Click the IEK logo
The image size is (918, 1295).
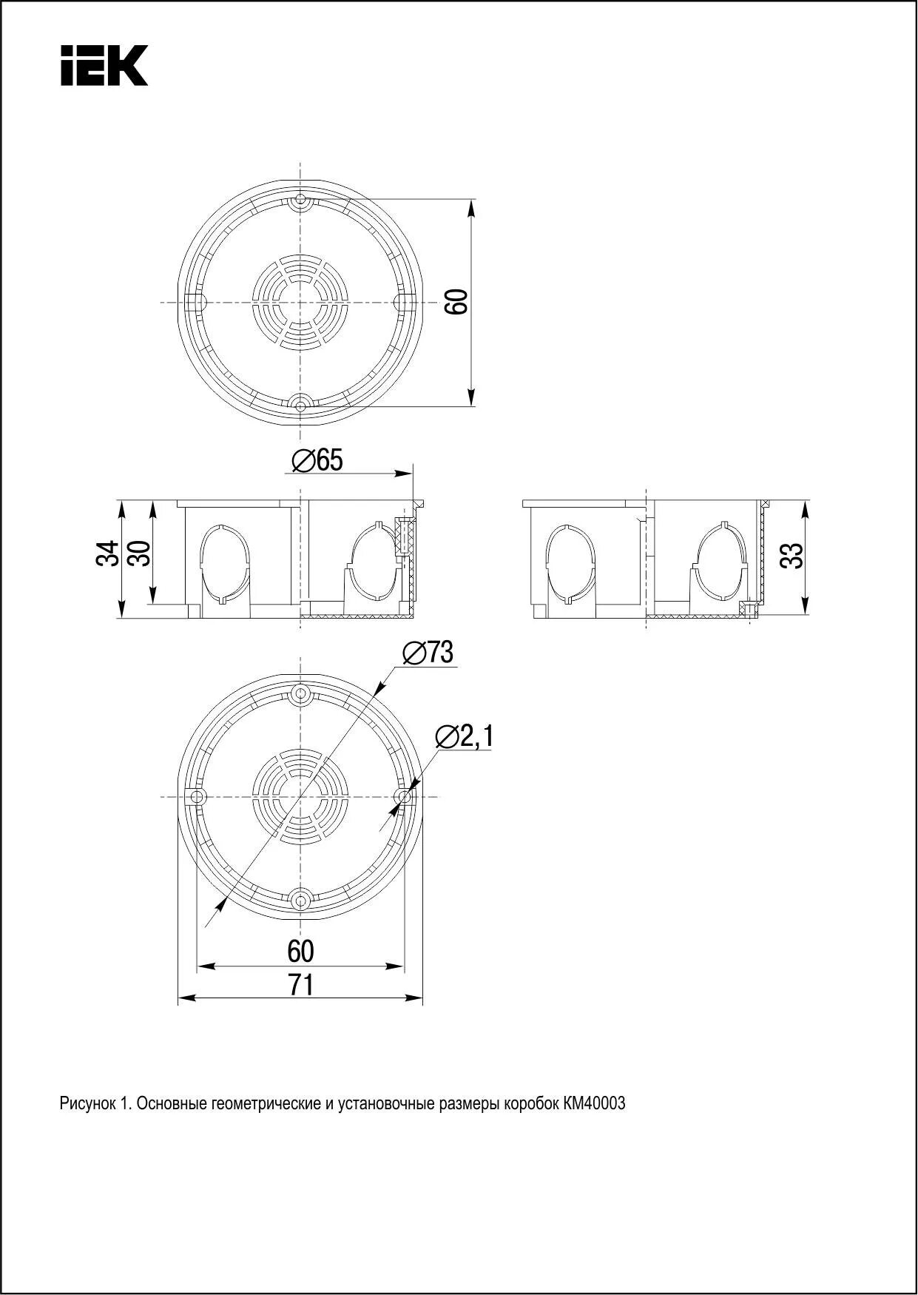(x=104, y=65)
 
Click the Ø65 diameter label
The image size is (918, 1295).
(x=317, y=460)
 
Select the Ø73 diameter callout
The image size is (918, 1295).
(x=428, y=653)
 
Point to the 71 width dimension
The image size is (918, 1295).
(x=301, y=984)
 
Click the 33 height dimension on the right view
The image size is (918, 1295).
(x=792, y=555)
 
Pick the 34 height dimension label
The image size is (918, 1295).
(x=107, y=554)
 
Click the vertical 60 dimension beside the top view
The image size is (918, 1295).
(x=457, y=302)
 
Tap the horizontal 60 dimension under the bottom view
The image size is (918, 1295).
(x=301, y=950)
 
